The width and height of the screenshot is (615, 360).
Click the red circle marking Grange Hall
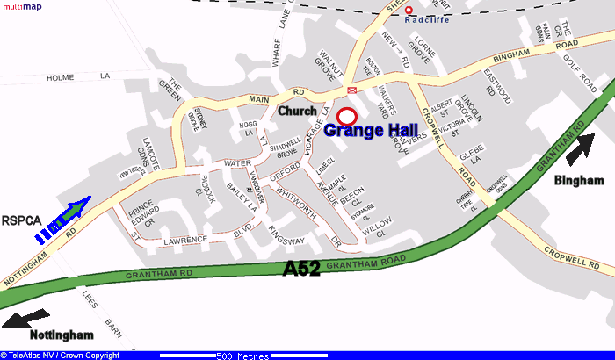point(346,115)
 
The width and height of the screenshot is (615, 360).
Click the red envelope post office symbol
point(352,90)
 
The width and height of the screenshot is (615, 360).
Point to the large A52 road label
point(301,270)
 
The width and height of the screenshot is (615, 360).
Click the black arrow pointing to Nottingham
point(28,317)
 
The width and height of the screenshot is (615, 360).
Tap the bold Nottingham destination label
point(61,335)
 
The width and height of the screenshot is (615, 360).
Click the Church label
point(297,112)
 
